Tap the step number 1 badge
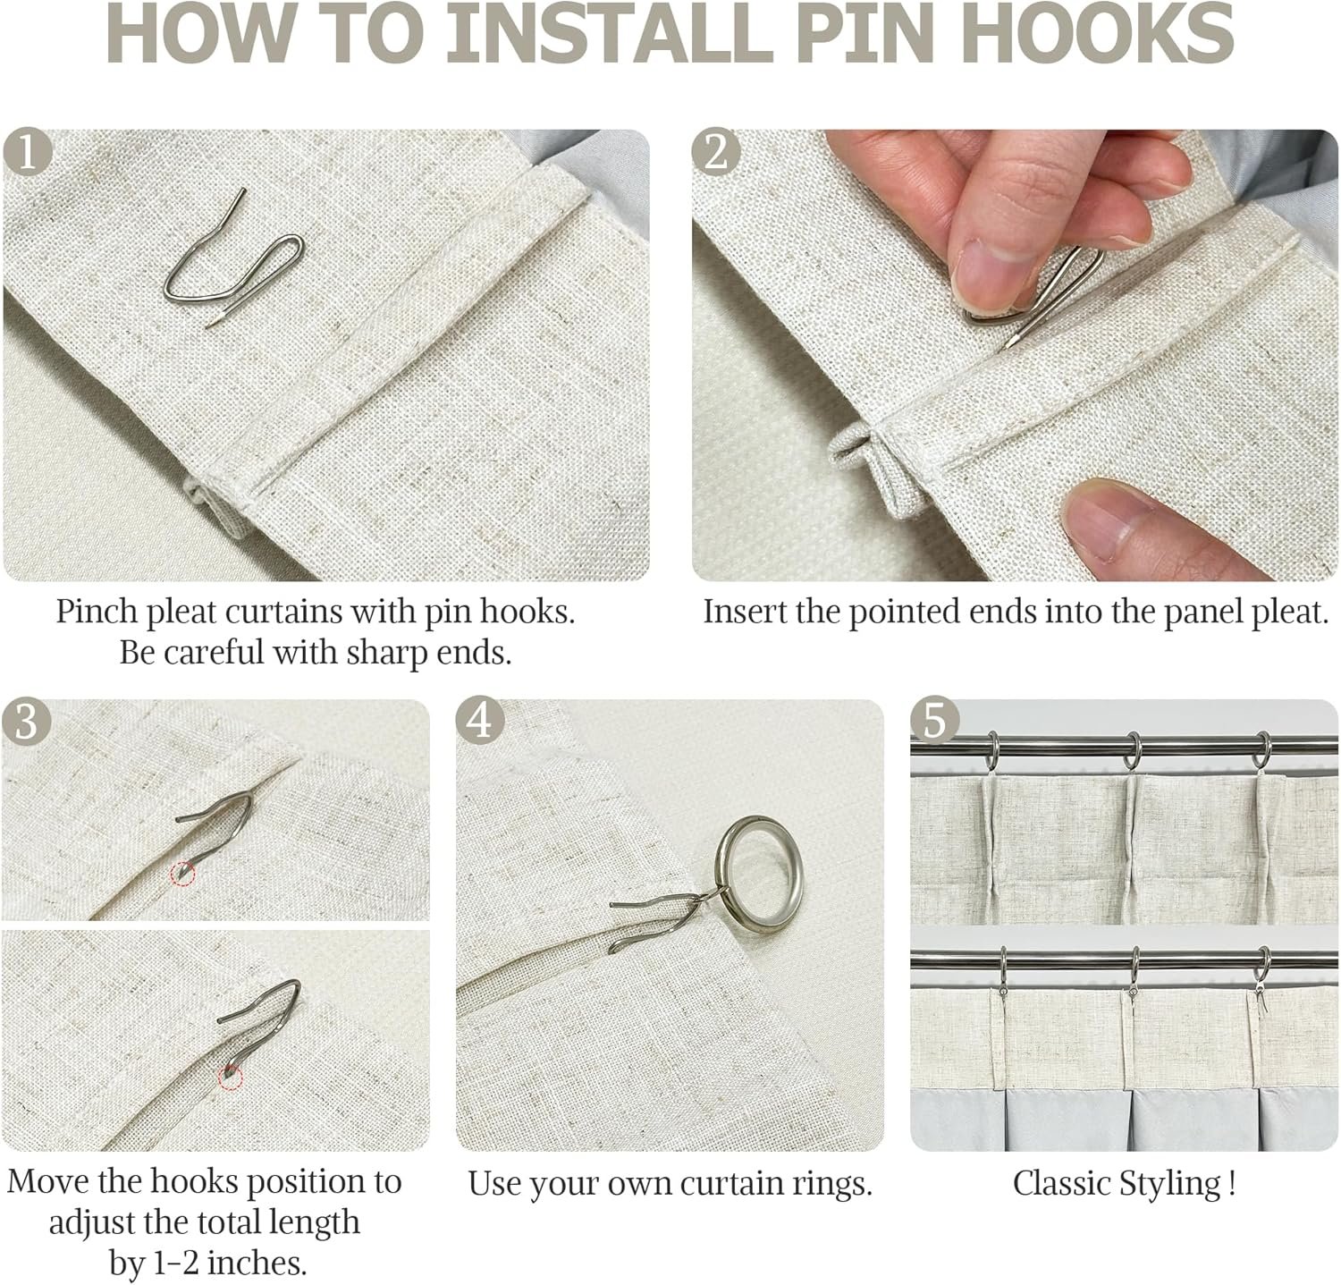28,153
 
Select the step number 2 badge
716,153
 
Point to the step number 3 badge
26,722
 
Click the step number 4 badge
480,722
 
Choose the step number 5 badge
934,722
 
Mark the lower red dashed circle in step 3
231,1078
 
